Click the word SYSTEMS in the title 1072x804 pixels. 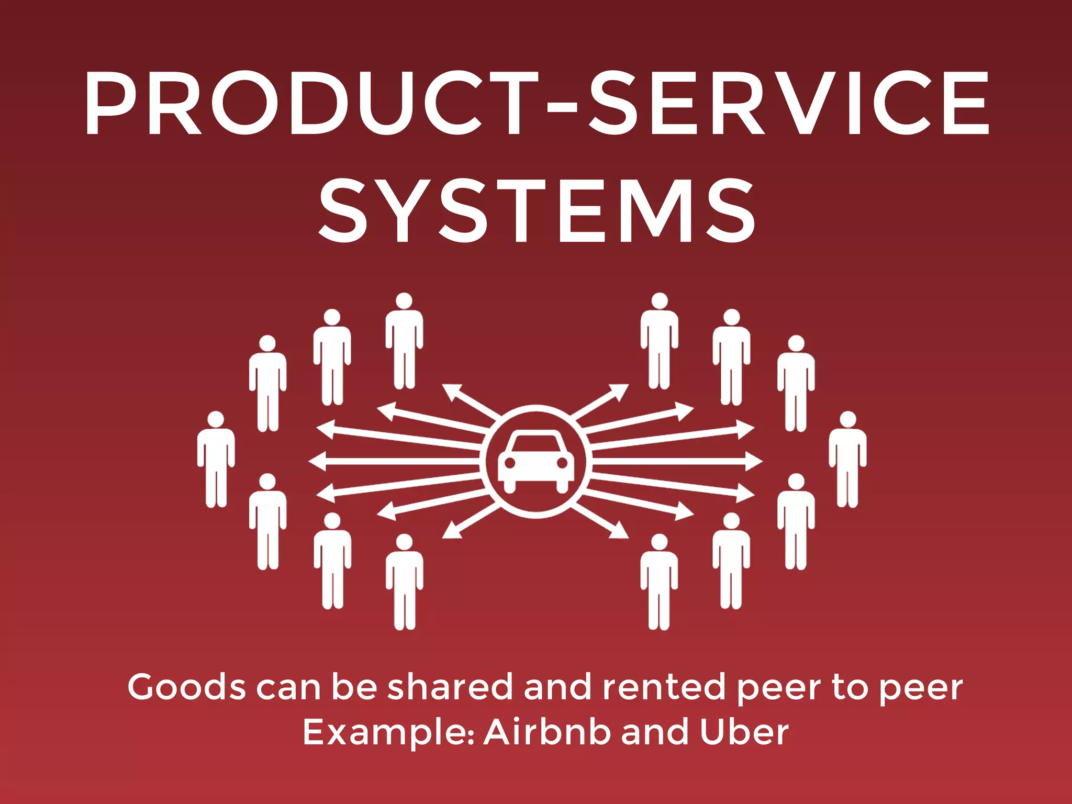click(537, 210)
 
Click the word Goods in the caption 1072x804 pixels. click(186, 687)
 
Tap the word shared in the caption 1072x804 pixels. click(450, 687)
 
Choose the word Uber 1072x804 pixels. click(744, 732)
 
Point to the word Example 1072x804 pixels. click(388, 733)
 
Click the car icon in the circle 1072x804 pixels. click(535, 461)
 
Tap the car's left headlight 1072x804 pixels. click(509, 463)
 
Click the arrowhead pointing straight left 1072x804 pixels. click(316, 461)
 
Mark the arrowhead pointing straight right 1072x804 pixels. click(755, 461)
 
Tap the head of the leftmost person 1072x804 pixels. click(216, 420)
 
